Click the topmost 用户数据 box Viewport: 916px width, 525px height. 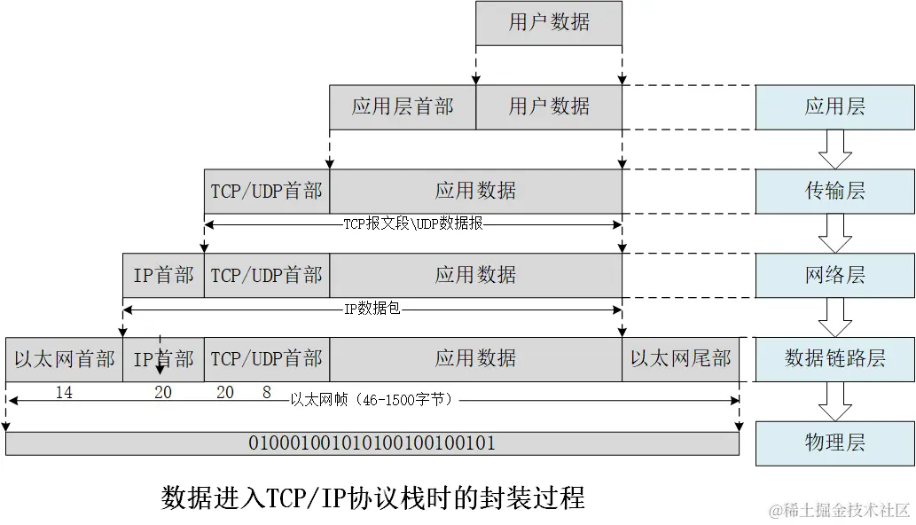tap(548, 23)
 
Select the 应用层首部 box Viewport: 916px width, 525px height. tap(403, 107)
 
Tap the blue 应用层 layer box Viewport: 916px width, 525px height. tap(834, 107)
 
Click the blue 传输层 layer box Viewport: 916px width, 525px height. tap(834, 192)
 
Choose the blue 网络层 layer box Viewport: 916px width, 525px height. tap(834, 275)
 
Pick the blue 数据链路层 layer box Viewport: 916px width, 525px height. tap(834, 359)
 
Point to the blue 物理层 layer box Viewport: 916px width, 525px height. tap(834, 443)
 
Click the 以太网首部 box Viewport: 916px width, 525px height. tap(64, 359)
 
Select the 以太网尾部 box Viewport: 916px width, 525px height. tap(680, 359)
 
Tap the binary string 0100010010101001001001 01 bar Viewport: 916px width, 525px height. tap(372, 443)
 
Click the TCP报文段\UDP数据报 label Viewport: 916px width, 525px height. tap(413, 224)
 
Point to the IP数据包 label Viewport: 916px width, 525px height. tap(372, 309)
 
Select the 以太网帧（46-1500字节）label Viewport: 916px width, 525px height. tap(372, 400)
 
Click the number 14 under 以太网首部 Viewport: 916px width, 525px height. tap(64, 392)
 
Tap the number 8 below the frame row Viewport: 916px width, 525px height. tap(266, 391)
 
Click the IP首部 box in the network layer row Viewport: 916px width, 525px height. tap(163, 275)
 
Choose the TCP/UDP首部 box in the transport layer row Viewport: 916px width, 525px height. tap(266, 192)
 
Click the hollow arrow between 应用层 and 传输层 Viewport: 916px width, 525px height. tap(834, 149)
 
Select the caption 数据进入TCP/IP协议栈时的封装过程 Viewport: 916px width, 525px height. tap(372, 498)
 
